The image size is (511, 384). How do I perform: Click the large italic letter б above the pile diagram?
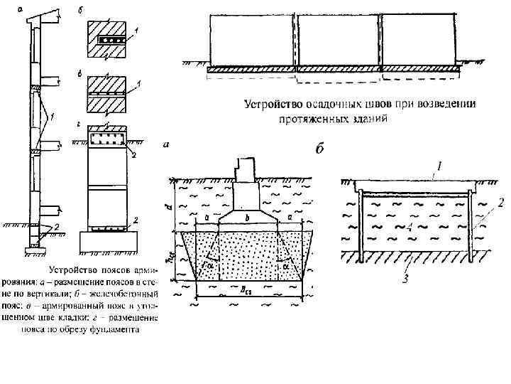[320, 149]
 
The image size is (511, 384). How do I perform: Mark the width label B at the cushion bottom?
[244, 290]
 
